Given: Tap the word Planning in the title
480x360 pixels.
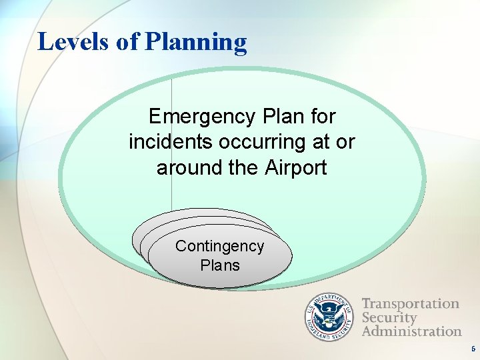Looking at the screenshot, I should point(195,43).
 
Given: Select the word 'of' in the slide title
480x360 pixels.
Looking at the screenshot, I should point(128,41).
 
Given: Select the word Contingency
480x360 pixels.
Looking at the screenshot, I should point(219,247).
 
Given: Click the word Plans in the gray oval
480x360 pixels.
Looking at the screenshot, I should point(219,265).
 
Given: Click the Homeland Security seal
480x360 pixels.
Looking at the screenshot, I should point(331,317).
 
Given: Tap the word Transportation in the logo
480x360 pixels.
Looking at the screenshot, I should point(410,304).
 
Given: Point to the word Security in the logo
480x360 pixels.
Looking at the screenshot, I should point(389,317).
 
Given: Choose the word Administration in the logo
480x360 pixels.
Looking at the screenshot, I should point(411,331).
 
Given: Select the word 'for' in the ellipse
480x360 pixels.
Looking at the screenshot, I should point(322,117).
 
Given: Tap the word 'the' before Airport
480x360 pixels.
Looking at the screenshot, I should point(241,167).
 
